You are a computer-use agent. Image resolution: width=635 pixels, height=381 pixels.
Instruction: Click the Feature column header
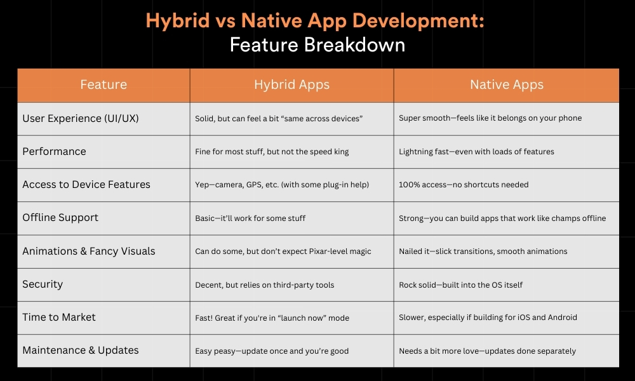(x=104, y=84)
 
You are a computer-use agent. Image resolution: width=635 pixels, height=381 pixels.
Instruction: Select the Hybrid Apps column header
(x=291, y=84)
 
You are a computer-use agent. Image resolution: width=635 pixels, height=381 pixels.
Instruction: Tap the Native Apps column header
(x=507, y=84)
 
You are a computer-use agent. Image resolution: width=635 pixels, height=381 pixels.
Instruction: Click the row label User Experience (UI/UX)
(x=81, y=118)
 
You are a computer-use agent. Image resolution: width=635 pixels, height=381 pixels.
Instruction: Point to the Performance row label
(x=54, y=151)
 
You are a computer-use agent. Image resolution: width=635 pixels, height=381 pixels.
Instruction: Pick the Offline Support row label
(x=60, y=218)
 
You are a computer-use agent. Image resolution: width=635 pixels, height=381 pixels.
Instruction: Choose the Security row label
(x=43, y=284)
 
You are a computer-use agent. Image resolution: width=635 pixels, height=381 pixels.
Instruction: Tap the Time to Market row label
(x=58, y=317)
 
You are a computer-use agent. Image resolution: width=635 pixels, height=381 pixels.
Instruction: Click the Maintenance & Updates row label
(x=81, y=351)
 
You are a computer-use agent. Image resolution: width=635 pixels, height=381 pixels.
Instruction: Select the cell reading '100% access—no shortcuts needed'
(x=464, y=185)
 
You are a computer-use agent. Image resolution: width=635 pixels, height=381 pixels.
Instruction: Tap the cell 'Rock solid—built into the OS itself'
(x=461, y=284)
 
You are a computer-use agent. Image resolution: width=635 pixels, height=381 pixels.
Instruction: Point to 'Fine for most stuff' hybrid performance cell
(x=272, y=152)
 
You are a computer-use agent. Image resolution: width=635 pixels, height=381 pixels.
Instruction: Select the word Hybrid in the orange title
(x=178, y=21)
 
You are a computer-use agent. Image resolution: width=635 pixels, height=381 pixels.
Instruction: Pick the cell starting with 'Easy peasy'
(x=272, y=351)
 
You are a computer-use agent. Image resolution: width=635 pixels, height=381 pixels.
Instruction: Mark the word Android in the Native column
(x=562, y=317)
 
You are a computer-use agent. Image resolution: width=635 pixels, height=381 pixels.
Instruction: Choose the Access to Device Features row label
(x=86, y=185)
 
